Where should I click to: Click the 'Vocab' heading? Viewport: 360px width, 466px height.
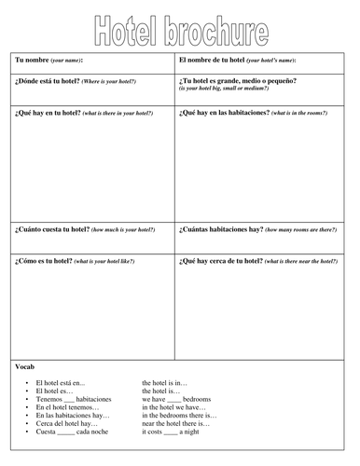pos(25,367)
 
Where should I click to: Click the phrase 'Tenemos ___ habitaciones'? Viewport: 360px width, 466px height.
pos(72,398)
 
